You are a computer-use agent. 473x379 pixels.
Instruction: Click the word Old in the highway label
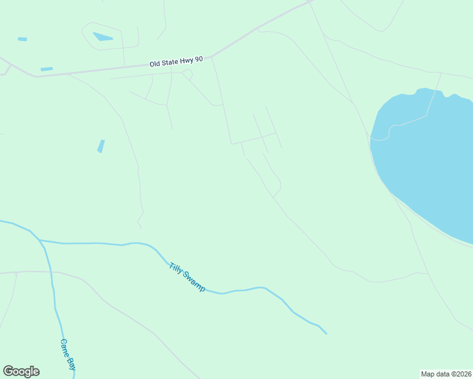coord(156,63)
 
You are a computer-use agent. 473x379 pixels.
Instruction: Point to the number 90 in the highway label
coord(199,59)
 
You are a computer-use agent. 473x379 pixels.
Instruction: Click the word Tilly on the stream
coord(176,268)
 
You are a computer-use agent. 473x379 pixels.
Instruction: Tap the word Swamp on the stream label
coord(194,282)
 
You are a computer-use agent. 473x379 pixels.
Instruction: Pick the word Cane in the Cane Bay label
coord(64,347)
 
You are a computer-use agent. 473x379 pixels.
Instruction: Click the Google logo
coord(21,371)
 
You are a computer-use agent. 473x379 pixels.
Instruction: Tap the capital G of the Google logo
coord(8,371)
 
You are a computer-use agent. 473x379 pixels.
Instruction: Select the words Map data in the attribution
coord(436,373)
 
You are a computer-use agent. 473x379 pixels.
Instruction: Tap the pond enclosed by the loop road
coord(102,37)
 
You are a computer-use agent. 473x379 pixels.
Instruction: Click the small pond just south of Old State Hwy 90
coord(47,69)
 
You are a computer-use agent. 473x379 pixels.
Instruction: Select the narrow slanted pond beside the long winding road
coord(101,146)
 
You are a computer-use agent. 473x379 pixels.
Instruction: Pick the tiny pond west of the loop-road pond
coord(22,39)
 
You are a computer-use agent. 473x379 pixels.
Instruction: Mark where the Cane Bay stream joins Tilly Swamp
coord(39,240)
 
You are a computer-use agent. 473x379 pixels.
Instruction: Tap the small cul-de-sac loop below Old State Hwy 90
coord(187,74)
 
